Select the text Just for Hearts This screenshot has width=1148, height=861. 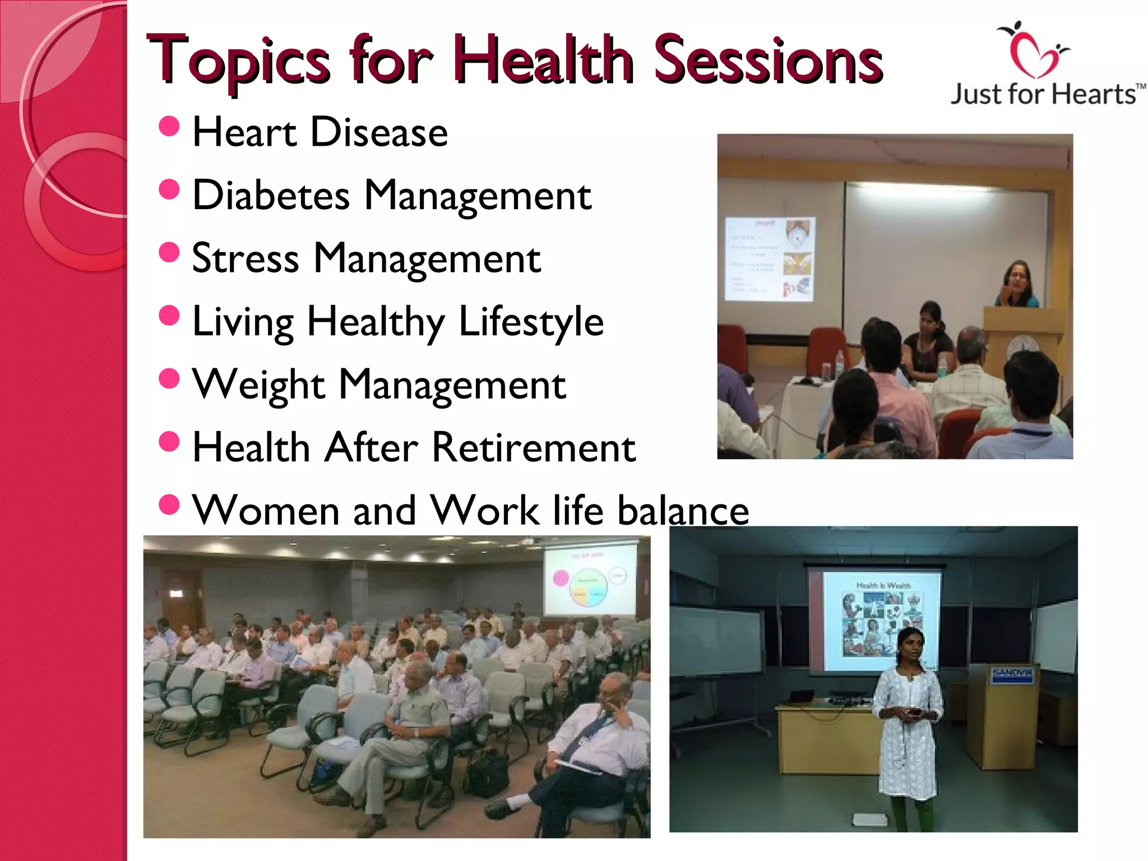[x=1044, y=94]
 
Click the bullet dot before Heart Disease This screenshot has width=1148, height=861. [x=169, y=127]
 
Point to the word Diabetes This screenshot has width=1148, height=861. [x=271, y=196]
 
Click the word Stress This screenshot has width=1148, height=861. [x=246, y=259]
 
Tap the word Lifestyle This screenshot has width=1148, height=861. [x=531, y=322]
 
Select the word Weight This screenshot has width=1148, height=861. [x=258, y=385]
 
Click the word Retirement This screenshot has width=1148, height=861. [x=534, y=448]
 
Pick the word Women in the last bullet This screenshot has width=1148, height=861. [x=266, y=511]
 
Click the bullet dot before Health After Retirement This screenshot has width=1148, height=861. [x=169, y=442]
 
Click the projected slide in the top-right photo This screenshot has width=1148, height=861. [x=769, y=259]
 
